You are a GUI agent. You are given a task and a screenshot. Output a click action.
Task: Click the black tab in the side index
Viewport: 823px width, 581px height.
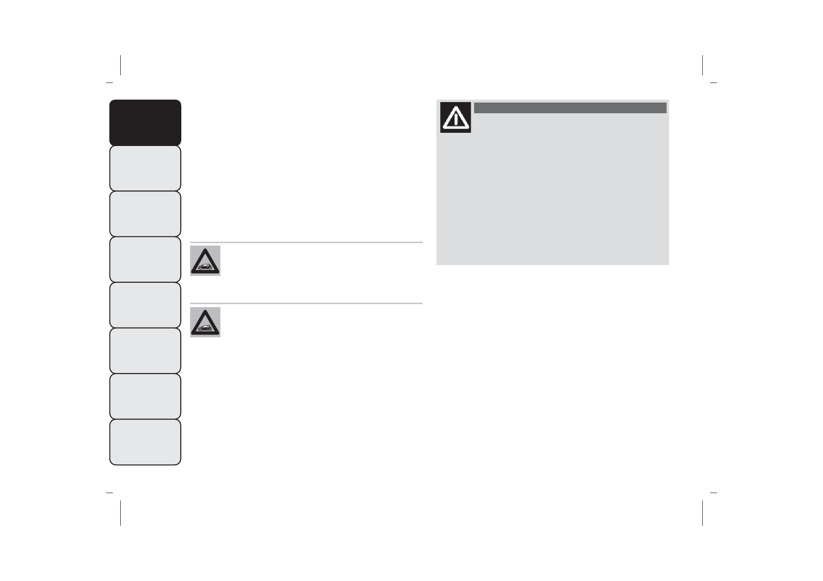[145, 123]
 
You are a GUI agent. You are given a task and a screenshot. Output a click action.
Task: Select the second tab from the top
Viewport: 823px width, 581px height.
[145, 168]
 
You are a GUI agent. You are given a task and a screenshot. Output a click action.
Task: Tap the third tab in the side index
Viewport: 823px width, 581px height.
[145, 214]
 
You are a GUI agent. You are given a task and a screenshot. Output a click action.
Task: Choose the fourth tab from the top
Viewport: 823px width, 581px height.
[145, 259]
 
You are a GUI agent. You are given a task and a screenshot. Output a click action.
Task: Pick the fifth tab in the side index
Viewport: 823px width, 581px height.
[145, 305]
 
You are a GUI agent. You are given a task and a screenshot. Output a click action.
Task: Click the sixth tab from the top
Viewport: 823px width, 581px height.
[145, 351]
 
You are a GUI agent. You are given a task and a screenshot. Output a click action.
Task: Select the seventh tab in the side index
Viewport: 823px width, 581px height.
[145, 396]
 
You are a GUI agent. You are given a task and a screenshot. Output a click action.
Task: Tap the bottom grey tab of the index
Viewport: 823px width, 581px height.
[145, 442]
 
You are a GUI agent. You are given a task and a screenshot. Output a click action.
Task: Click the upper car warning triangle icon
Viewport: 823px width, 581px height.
[205, 261]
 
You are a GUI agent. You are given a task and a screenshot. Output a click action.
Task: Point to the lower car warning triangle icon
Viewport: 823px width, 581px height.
[205, 322]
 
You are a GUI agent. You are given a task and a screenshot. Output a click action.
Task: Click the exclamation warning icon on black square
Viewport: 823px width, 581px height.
[455, 117]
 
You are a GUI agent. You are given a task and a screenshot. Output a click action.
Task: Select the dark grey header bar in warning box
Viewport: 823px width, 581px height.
[570, 108]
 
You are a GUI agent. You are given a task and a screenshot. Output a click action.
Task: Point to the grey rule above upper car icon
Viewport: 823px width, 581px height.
[306, 242]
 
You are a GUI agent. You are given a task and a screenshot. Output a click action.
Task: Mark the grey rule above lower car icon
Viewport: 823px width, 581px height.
[306, 304]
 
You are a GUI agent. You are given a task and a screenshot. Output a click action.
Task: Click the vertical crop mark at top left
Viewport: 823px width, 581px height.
[120, 65]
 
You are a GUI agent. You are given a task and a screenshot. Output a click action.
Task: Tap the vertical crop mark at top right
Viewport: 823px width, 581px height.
[702, 65]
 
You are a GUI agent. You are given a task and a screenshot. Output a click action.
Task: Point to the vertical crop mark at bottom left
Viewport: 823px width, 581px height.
[120, 513]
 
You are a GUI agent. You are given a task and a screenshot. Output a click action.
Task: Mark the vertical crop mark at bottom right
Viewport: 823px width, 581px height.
[702, 513]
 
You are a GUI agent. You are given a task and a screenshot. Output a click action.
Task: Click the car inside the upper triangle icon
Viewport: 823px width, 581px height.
[205, 267]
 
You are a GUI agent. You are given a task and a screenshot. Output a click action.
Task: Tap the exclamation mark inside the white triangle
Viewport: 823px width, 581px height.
[455, 119]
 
